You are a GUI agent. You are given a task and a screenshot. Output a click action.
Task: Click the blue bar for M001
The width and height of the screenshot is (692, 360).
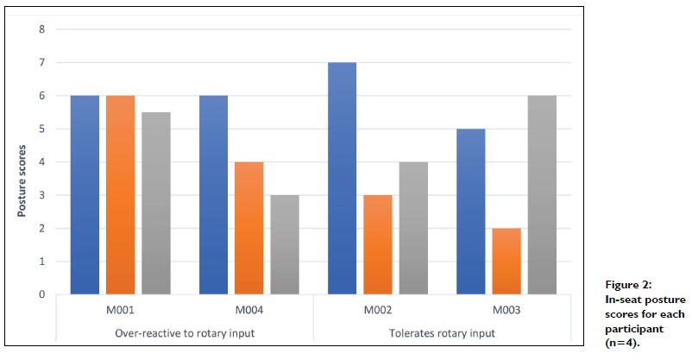pos(85,195)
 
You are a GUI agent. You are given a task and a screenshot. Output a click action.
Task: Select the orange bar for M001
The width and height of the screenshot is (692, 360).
pos(120,195)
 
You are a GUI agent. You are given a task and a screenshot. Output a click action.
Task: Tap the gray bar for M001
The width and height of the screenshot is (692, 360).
pos(155,203)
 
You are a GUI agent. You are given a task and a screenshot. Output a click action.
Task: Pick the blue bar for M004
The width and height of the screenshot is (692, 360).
pos(213,195)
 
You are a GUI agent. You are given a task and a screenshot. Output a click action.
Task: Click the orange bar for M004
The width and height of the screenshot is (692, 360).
pos(248,228)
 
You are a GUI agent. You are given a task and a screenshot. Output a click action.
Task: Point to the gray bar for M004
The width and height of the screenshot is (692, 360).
pos(284,244)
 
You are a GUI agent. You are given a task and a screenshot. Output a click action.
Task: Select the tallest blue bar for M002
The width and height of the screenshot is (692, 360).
pos(342,179)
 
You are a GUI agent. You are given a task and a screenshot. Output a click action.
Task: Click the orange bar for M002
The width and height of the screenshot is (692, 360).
pos(377,244)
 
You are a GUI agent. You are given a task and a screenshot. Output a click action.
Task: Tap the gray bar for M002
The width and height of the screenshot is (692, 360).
pos(412,228)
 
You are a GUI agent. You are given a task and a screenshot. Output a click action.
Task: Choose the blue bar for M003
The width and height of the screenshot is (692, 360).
pos(470,212)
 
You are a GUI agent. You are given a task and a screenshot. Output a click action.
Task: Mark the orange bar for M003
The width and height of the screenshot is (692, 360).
pos(506,261)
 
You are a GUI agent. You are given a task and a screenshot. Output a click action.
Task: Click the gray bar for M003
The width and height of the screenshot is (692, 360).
pos(541,195)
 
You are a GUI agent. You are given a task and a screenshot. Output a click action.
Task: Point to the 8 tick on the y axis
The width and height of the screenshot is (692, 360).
pos(41,30)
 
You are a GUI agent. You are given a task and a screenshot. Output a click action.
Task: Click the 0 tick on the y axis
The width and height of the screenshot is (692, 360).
pos(41,294)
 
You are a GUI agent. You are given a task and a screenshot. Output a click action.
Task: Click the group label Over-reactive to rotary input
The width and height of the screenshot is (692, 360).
pos(184,333)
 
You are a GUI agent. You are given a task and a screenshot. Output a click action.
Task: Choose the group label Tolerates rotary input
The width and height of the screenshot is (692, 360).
pos(441,333)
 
